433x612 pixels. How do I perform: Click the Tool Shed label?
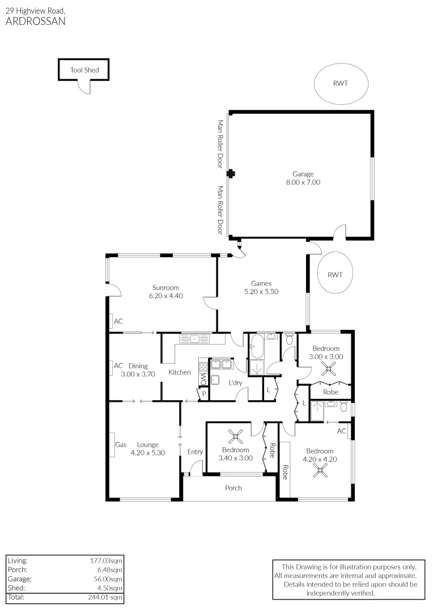click(x=84, y=70)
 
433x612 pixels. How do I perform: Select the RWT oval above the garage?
click(x=341, y=83)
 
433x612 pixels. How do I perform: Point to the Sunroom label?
click(x=165, y=287)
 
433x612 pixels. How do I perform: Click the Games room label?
click(x=261, y=283)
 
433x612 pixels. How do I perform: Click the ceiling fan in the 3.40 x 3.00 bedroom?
click(x=236, y=437)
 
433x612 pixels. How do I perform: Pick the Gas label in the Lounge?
click(x=121, y=445)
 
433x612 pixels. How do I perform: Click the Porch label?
click(x=234, y=488)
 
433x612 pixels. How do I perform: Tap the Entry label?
click(x=195, y=452)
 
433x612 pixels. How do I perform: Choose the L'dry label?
click(x=236, y=383)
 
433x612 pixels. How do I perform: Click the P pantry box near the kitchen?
click(x=203, y=393)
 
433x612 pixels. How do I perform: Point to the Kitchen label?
click(x=180, y=372)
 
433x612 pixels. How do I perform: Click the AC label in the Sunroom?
click(x=118, y=321)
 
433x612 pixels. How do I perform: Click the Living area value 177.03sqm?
click(x=106, y=560)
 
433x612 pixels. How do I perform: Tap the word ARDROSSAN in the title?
click(x=35, y=22)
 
